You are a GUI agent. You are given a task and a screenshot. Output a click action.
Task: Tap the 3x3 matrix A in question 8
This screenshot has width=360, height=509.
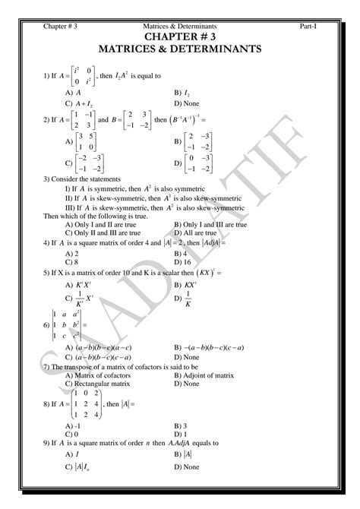click(x=83, y=406)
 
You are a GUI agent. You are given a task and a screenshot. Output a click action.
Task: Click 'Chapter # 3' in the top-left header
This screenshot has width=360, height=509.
click(x=60, y=27)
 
